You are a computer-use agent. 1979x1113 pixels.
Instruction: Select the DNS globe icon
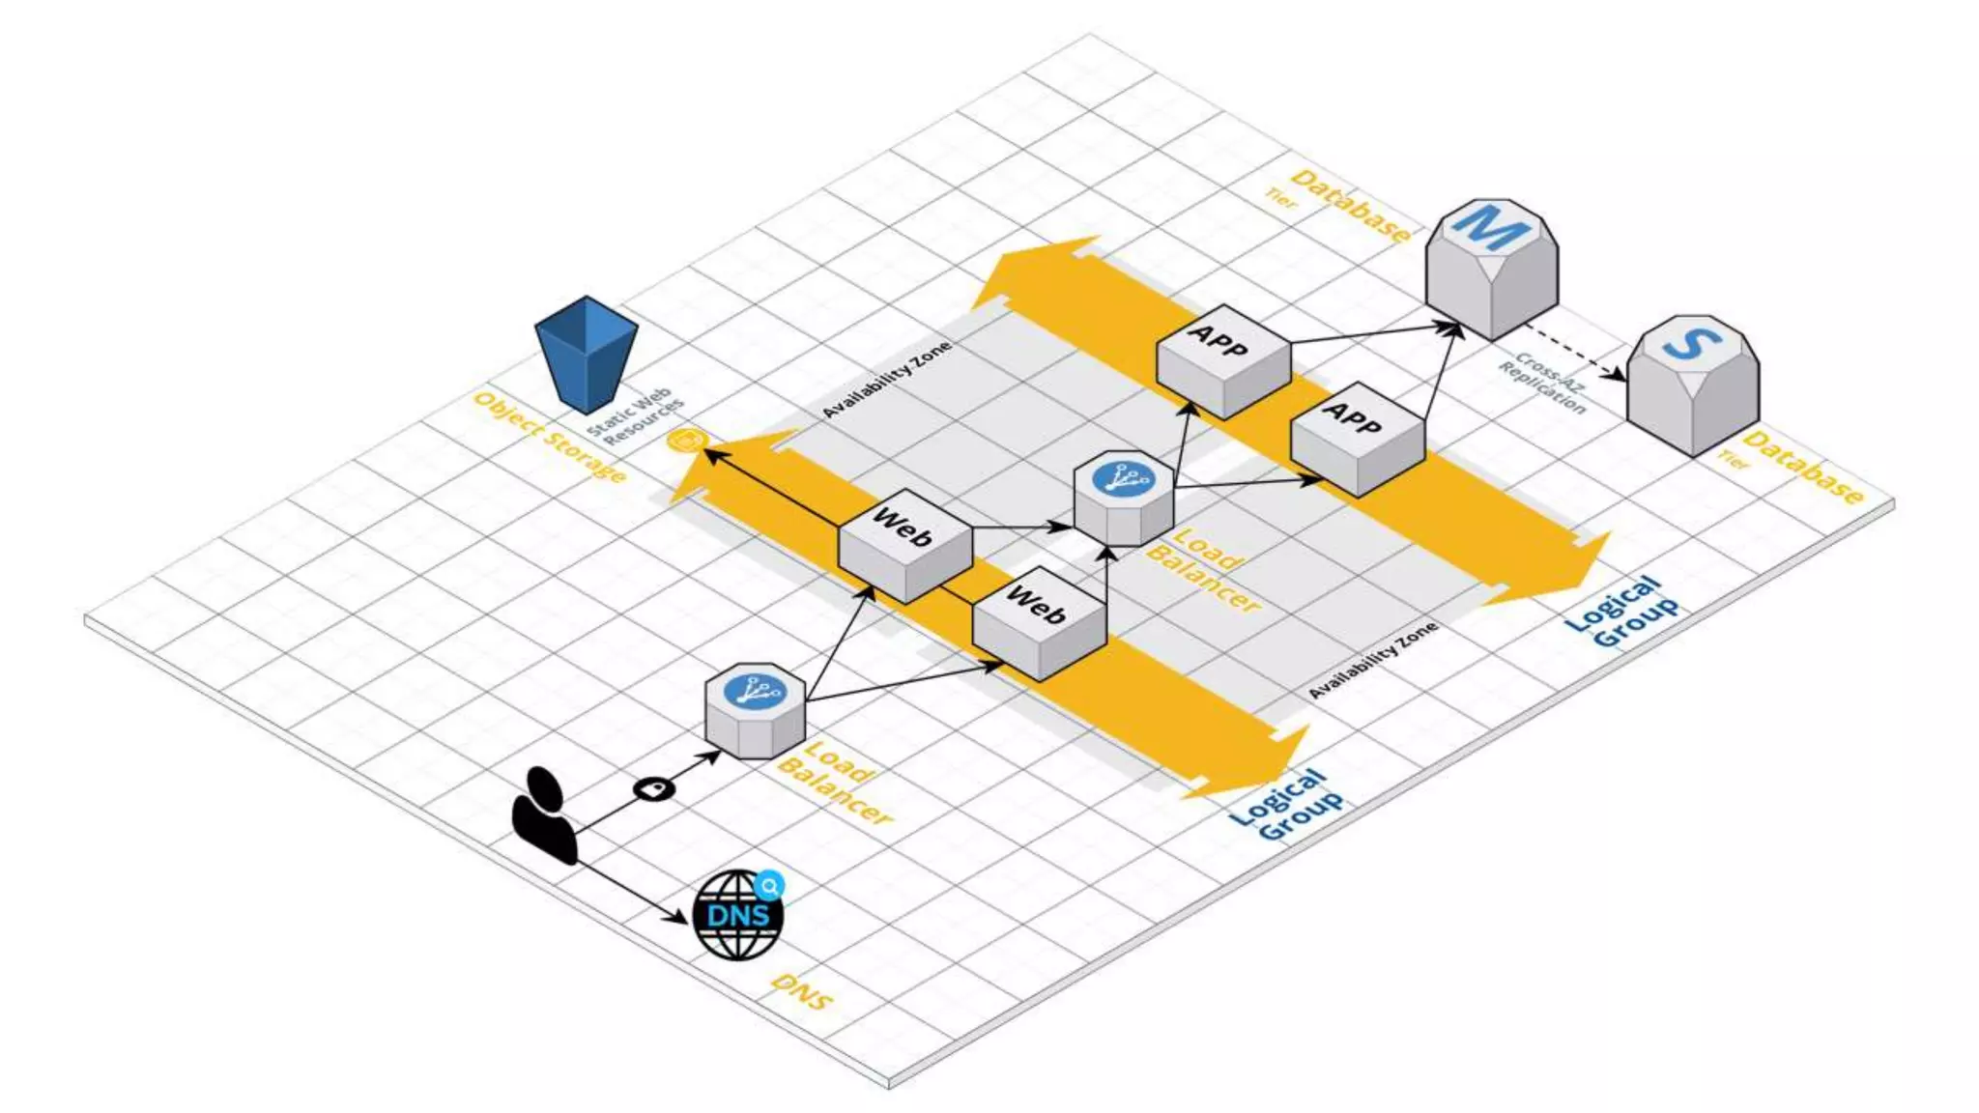(738, 916)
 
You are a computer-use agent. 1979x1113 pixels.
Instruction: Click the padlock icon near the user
(654, 789)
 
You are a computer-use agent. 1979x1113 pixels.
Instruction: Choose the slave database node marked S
(1692, 383)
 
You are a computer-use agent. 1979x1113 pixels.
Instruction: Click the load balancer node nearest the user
(755, 710)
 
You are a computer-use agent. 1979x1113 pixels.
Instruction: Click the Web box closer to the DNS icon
(1039, 623)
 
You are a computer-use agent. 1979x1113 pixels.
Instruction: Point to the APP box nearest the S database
(1357, 438)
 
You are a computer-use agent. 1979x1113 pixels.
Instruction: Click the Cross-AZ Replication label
(1542, 384)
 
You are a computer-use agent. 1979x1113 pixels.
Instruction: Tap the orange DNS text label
(801, 992)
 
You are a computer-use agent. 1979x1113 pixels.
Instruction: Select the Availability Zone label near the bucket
(886, 379)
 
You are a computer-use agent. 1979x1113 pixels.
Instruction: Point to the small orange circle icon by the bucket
(687, 442)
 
